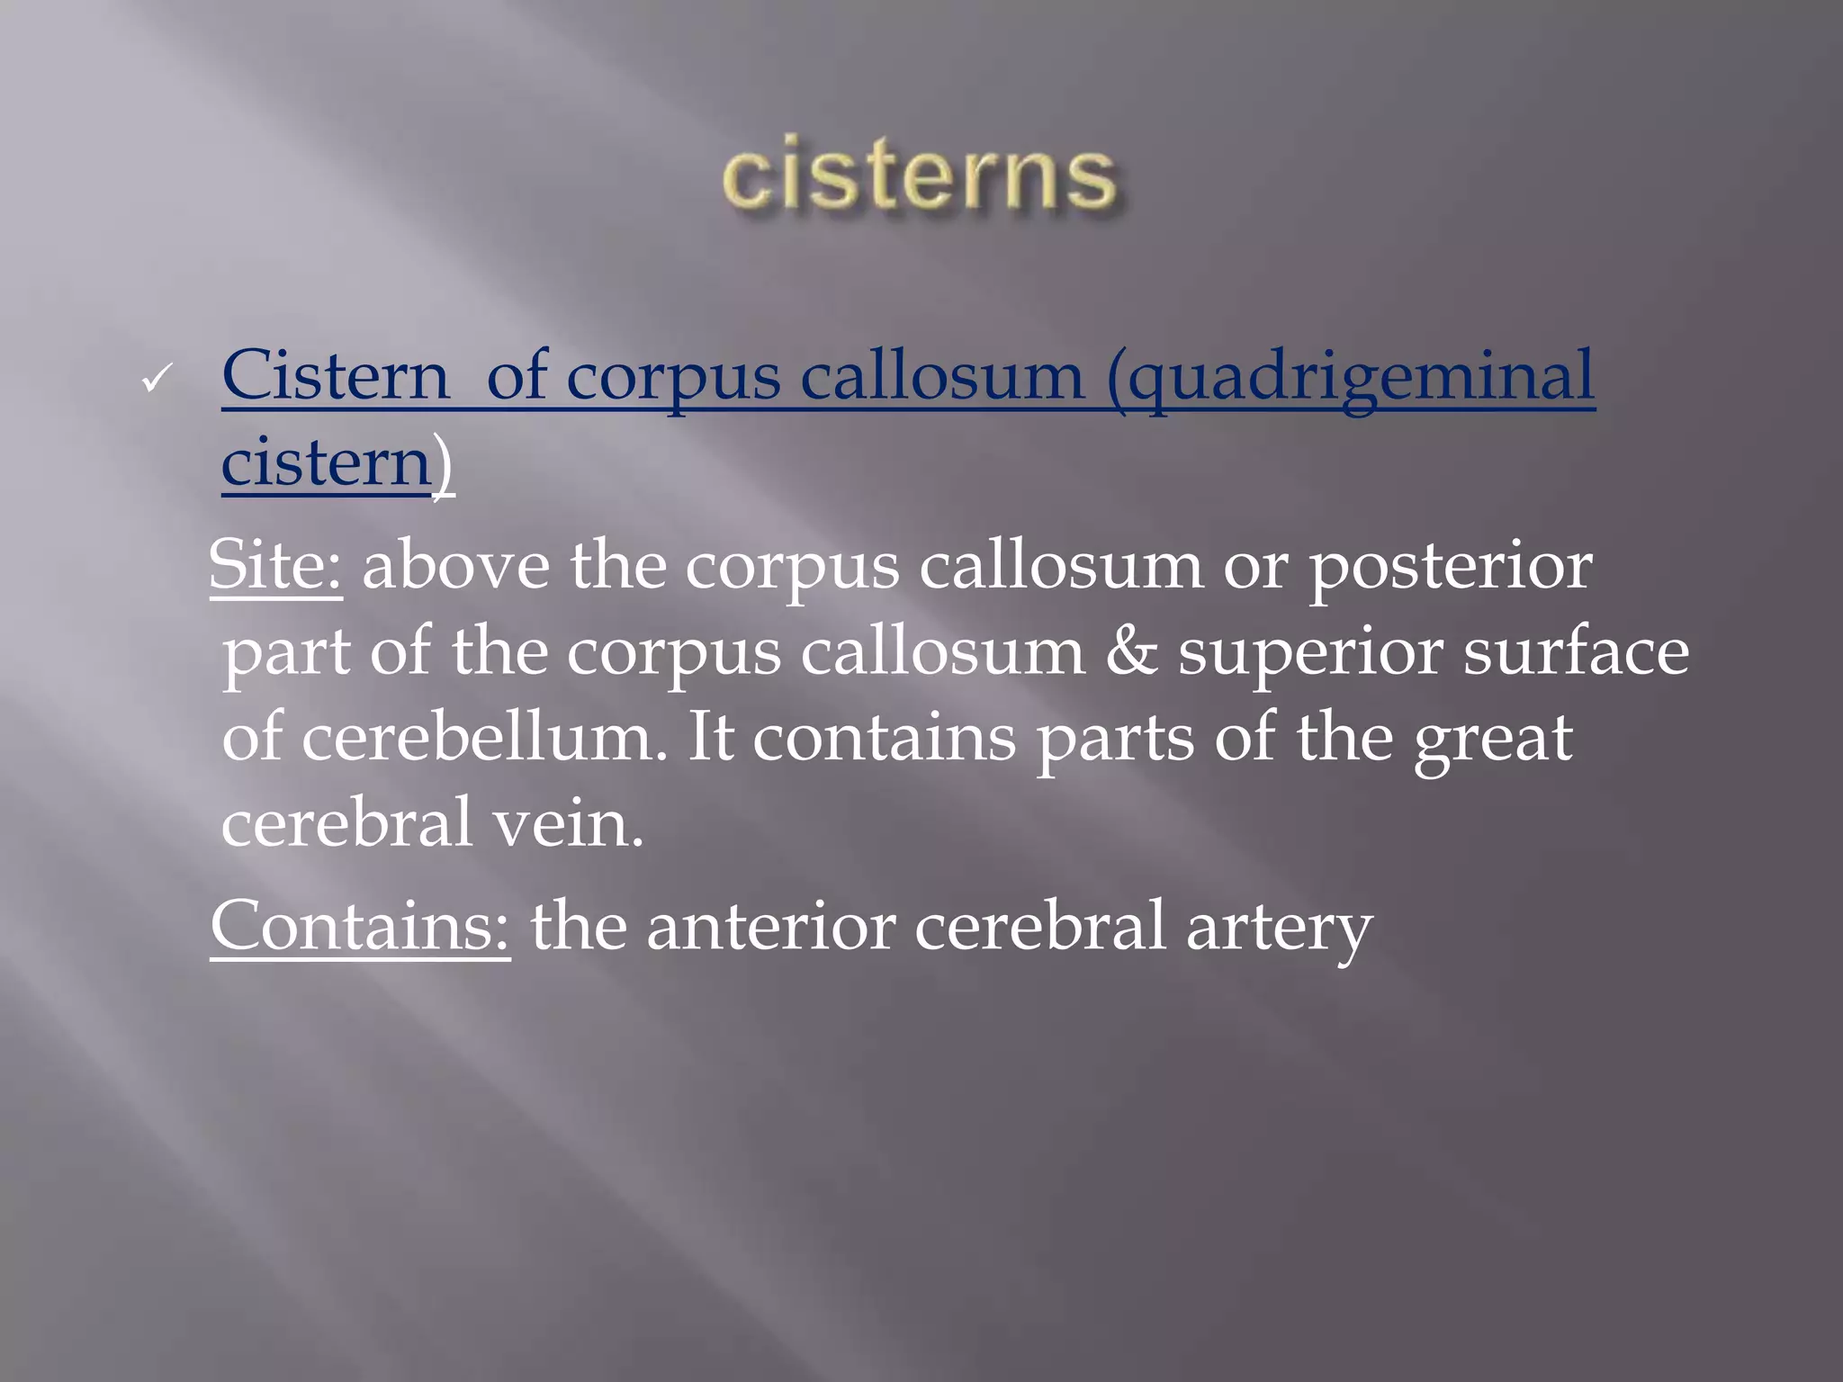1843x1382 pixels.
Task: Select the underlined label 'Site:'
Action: [x=275, y=565]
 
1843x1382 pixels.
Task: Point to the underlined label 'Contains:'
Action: [x=360, y=927]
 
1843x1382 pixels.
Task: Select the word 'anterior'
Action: [x=770, y=927]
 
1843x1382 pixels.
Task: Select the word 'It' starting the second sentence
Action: [x=711, y=738]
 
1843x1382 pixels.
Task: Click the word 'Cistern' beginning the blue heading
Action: [x=335, y=376]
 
